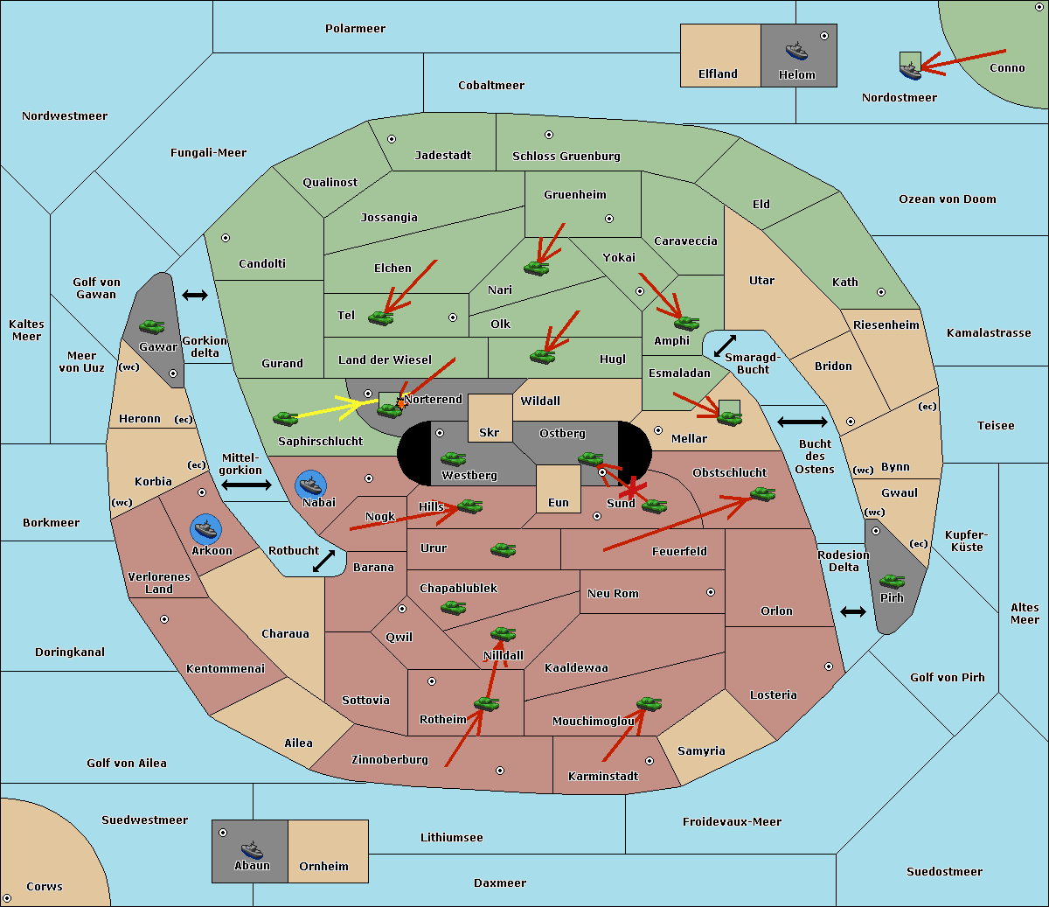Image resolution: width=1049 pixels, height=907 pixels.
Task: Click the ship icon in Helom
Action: tap(796, 51)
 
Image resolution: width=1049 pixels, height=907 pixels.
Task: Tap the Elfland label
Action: tap(718, 74)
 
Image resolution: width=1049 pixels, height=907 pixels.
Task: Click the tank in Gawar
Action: tap(152, 326)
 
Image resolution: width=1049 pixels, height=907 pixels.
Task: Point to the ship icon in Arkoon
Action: tap(205, 529)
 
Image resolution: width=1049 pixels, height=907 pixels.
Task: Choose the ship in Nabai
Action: tap(311, 485)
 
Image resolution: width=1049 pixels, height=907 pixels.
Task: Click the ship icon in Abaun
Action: tap(252, 849)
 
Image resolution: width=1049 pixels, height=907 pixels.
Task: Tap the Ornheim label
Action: tap(323, 867)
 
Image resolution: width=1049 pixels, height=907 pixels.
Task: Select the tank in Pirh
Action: tap(893, 582)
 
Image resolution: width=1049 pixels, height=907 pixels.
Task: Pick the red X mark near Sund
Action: tap(632, 491)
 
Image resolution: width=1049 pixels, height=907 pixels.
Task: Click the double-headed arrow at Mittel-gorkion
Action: tap(246, 485)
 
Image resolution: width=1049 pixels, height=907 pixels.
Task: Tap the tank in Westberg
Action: tap(453, 458)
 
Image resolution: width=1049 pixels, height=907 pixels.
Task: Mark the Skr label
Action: tap(489, 433)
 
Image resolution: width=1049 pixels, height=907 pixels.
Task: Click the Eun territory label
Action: tap(558, 503)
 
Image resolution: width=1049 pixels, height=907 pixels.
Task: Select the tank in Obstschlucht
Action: tap(763, 494)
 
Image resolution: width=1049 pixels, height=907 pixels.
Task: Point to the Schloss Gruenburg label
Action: tap(566, 157)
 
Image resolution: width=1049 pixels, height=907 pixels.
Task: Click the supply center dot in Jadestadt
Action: tap(392, 139)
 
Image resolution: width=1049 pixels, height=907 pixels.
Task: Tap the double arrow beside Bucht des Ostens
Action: tap(802, 422)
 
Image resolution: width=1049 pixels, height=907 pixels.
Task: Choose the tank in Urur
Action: tap(503, 549)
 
